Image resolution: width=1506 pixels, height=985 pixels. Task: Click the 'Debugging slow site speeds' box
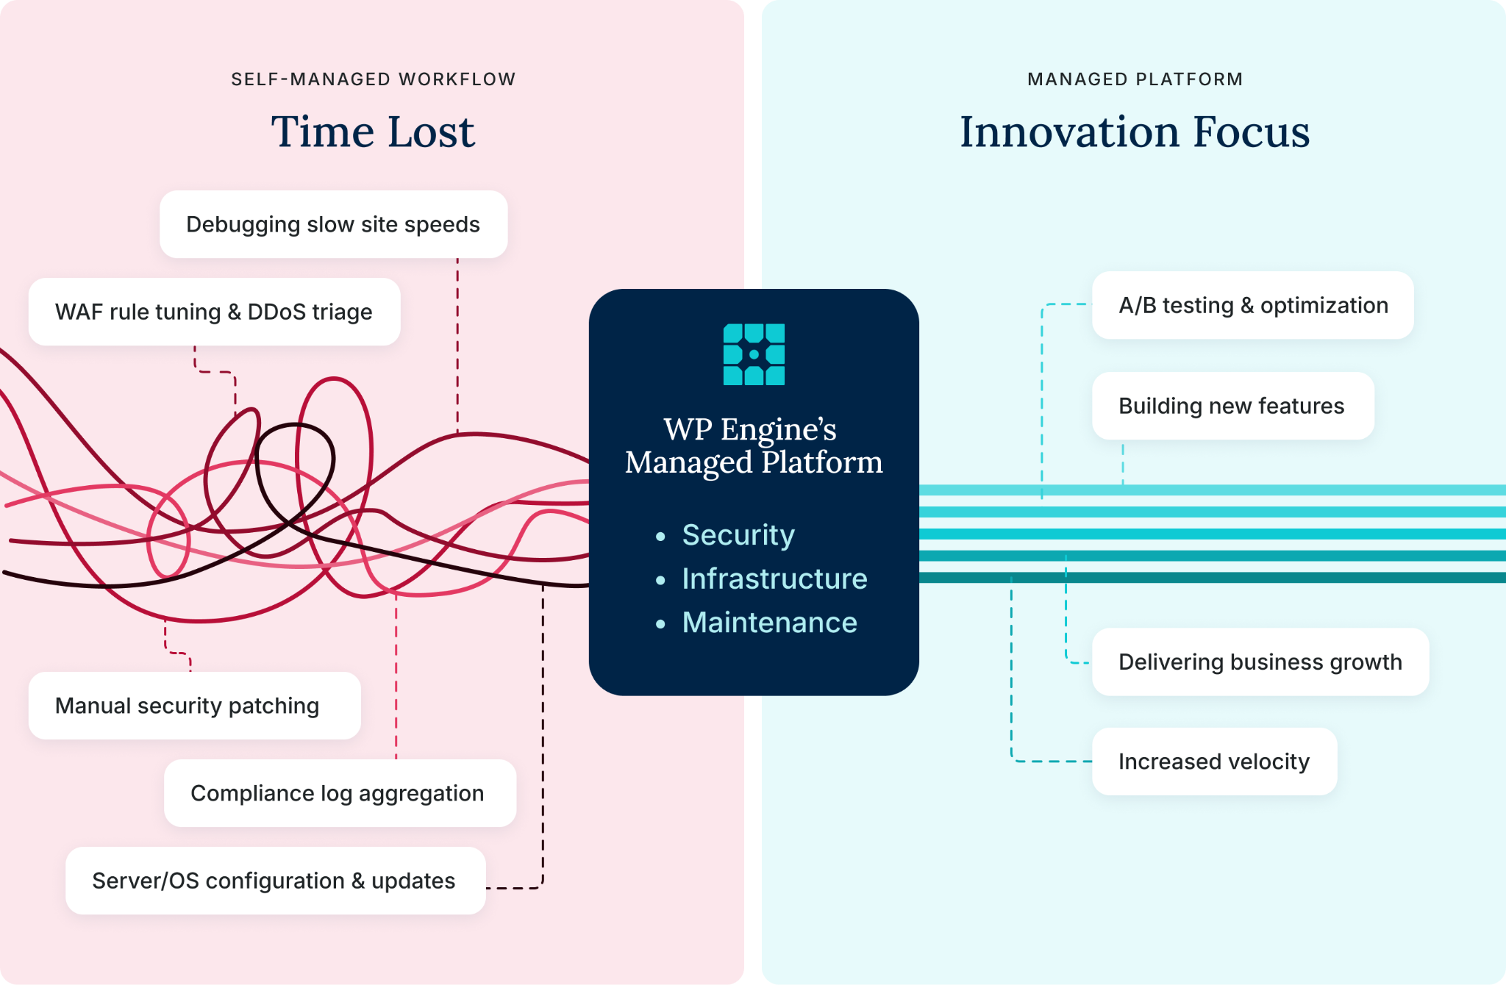coord(333,224)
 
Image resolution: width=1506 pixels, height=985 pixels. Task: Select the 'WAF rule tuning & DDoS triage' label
coord(214,312)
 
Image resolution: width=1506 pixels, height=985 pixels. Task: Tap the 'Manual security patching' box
coord(195,706)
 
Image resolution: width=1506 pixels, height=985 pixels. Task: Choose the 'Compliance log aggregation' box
coord(340,793)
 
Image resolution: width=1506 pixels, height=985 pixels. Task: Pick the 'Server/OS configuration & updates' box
coord(276,881)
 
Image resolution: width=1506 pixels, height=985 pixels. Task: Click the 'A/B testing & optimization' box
coord(1253,305)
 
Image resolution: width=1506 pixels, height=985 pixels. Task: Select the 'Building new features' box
coord(1233,406)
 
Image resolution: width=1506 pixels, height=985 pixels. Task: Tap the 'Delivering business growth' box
coord(1260,662)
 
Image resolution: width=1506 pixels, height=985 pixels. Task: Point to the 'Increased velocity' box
coord(1215,762)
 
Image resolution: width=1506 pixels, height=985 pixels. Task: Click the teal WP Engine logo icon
coord(754,354)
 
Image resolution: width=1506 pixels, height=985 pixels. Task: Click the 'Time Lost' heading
coord(373,132)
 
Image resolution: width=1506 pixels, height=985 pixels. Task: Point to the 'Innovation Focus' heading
coord(1135,132)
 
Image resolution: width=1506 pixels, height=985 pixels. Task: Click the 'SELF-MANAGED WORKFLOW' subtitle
coord(374,79)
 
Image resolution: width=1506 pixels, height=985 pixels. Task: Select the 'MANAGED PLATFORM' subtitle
coord(1135,79)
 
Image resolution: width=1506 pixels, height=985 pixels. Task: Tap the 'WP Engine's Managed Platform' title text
coord(754,446)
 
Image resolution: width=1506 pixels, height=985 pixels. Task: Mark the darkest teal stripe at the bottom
coord(1213,578)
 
